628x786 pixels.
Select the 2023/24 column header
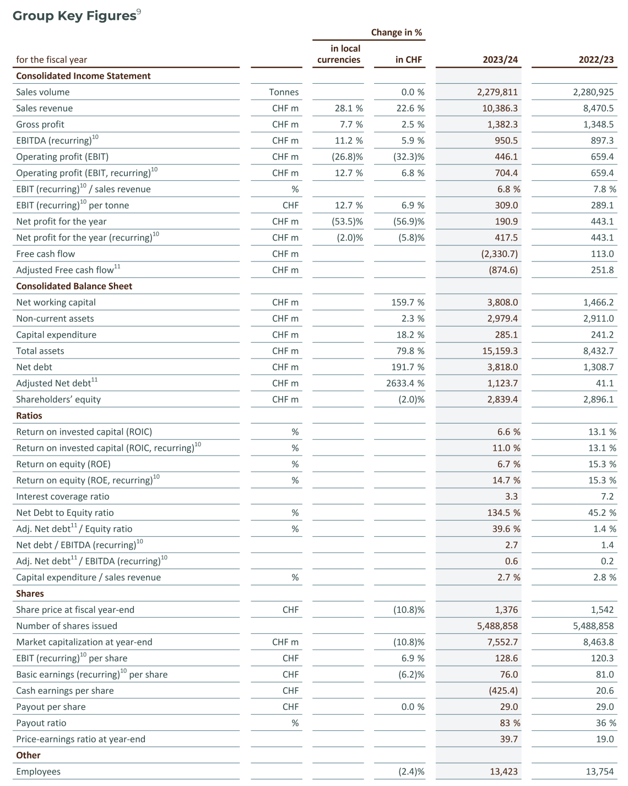[x=500, y=60]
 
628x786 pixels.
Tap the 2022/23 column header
[x=596, y=60]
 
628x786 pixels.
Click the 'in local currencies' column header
[x=339, y=54]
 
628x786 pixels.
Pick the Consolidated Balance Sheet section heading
[x=74, y=286]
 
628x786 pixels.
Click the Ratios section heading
[x=29, y=415]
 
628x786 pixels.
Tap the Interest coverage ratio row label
[x=63, y=496]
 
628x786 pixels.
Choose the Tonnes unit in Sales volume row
[x=284, y=92]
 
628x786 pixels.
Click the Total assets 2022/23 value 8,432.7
[x=598, y=351]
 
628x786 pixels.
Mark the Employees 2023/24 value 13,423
[x=504, y=771]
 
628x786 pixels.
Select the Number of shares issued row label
[x=67, y=625]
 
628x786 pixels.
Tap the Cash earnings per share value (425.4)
[x=502, y=691]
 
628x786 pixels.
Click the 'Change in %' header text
[x=396, y=33]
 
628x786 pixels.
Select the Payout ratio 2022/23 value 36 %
[x=605, y=723]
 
